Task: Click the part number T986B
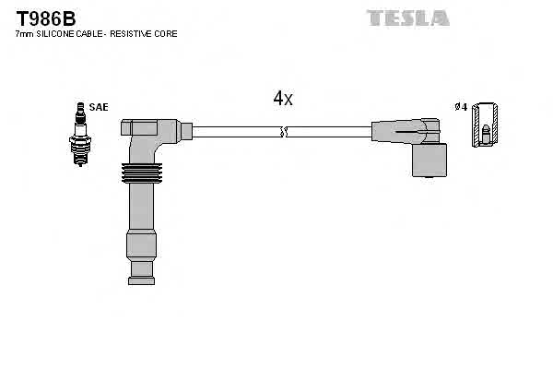pyautogui.click(x=42, y=17)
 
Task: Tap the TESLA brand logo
pyautogui.click(x=408, y=18)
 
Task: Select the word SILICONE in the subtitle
pyautogui.click(x=58, y=34)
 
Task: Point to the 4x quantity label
pyautogui.click(x=283, y=99)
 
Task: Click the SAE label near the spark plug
pyautogui.click(x=99, y=107)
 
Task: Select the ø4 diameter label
pyautogui.click(x=462, y=107)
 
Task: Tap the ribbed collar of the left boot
pyautogui.click(x=141, y=173)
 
